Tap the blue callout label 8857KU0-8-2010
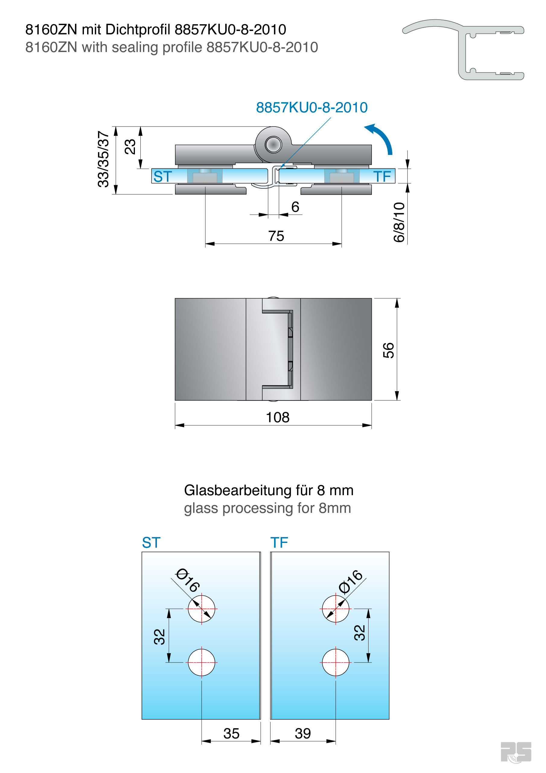pos(311,107)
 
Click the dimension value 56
pos(388,350)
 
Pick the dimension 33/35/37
pos(103,159)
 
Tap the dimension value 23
pos(130,147)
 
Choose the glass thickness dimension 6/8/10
pos(399,222)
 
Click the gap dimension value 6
pos(295,207)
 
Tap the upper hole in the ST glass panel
pos(201,609)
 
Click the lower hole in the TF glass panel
pos(335,662)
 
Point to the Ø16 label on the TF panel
pos(351,582)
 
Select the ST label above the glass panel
pos(151,543)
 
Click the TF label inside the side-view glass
pos(382,176)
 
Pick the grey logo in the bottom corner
pos(516,752)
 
